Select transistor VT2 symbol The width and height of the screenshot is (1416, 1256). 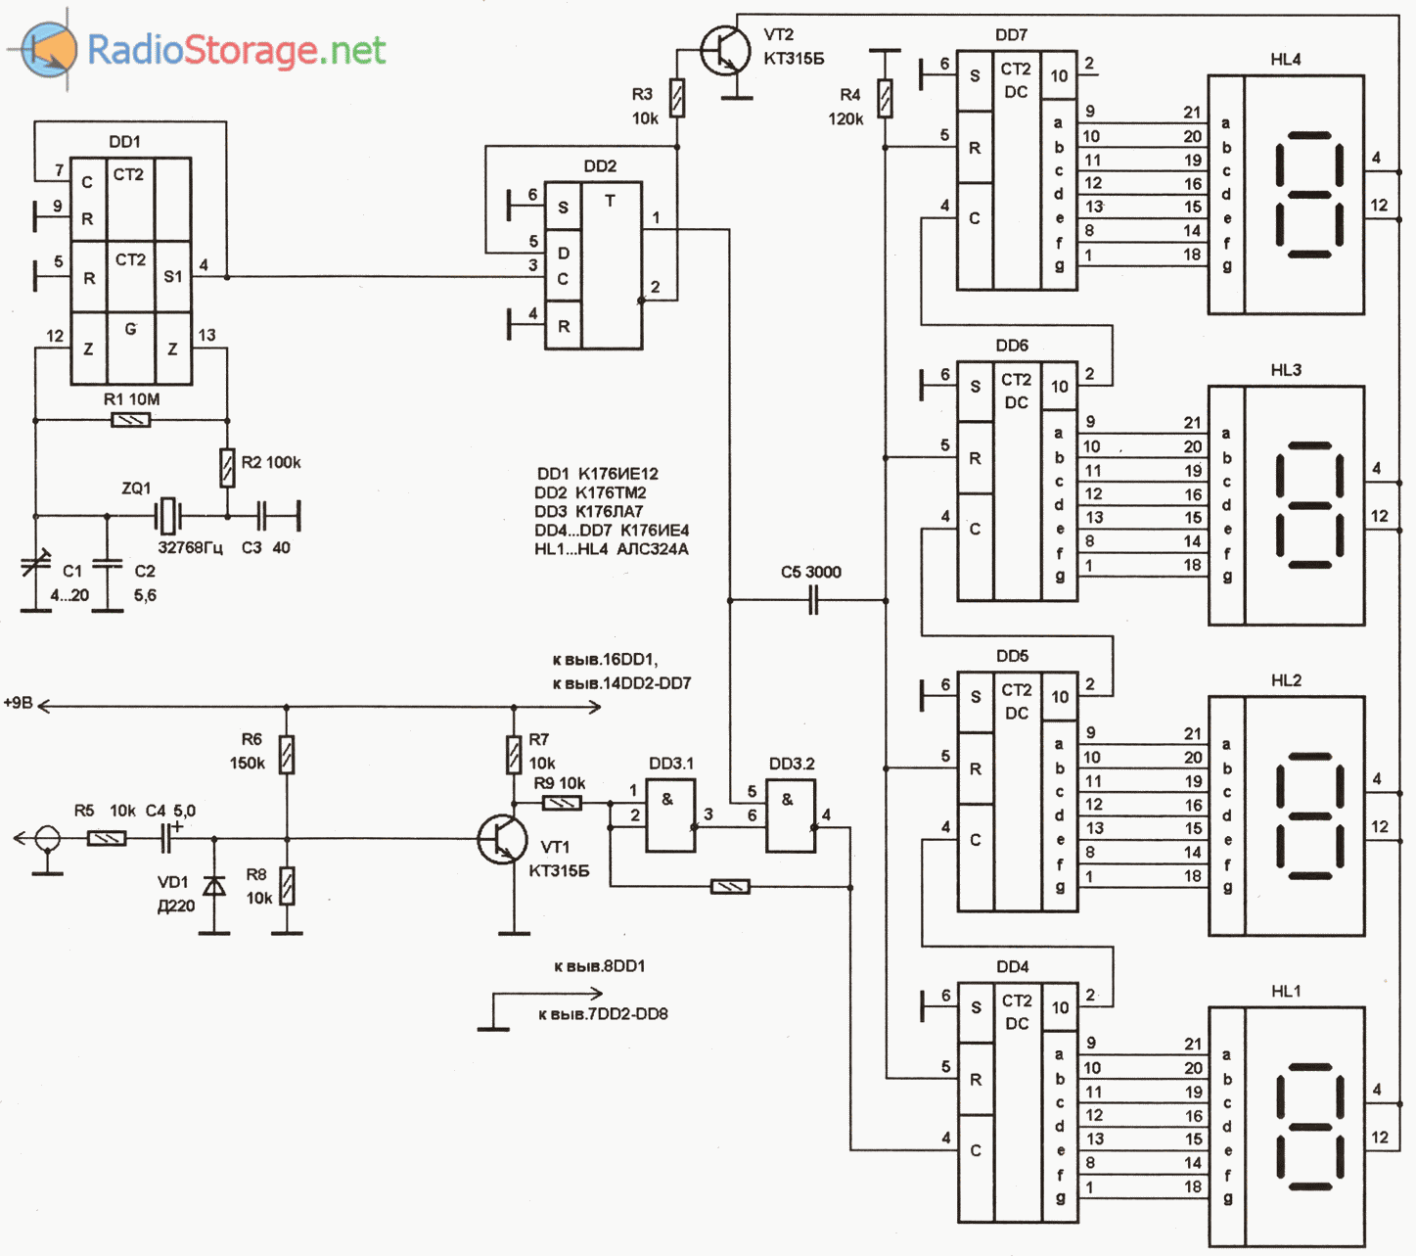click(724, 50)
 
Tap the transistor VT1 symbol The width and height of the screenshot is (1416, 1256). click(501, 839)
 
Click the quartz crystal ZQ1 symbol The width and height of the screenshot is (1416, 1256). click(168, 513)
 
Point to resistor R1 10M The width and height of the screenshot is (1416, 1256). click(131, 420)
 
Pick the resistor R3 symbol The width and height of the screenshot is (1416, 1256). click(676, 98)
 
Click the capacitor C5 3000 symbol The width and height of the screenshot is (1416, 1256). click(812, 601)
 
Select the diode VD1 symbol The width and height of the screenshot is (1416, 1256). click(213, 886)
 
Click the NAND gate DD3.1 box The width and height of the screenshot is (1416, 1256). click(669, 814)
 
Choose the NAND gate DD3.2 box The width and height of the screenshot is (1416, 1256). click(790, 814)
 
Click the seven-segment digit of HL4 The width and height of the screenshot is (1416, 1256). click(1309, 194)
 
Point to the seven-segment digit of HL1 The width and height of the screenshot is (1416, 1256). click(1309, 1125)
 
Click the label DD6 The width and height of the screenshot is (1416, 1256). click(1012, 346)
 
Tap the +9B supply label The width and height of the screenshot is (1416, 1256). click(19, 703)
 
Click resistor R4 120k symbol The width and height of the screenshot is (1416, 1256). click(885, 98)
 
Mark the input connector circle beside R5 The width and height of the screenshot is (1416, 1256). click(47, 839)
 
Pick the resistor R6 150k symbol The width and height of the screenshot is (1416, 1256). click(286, 755)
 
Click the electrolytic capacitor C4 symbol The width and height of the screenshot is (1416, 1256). click(167, 839)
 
